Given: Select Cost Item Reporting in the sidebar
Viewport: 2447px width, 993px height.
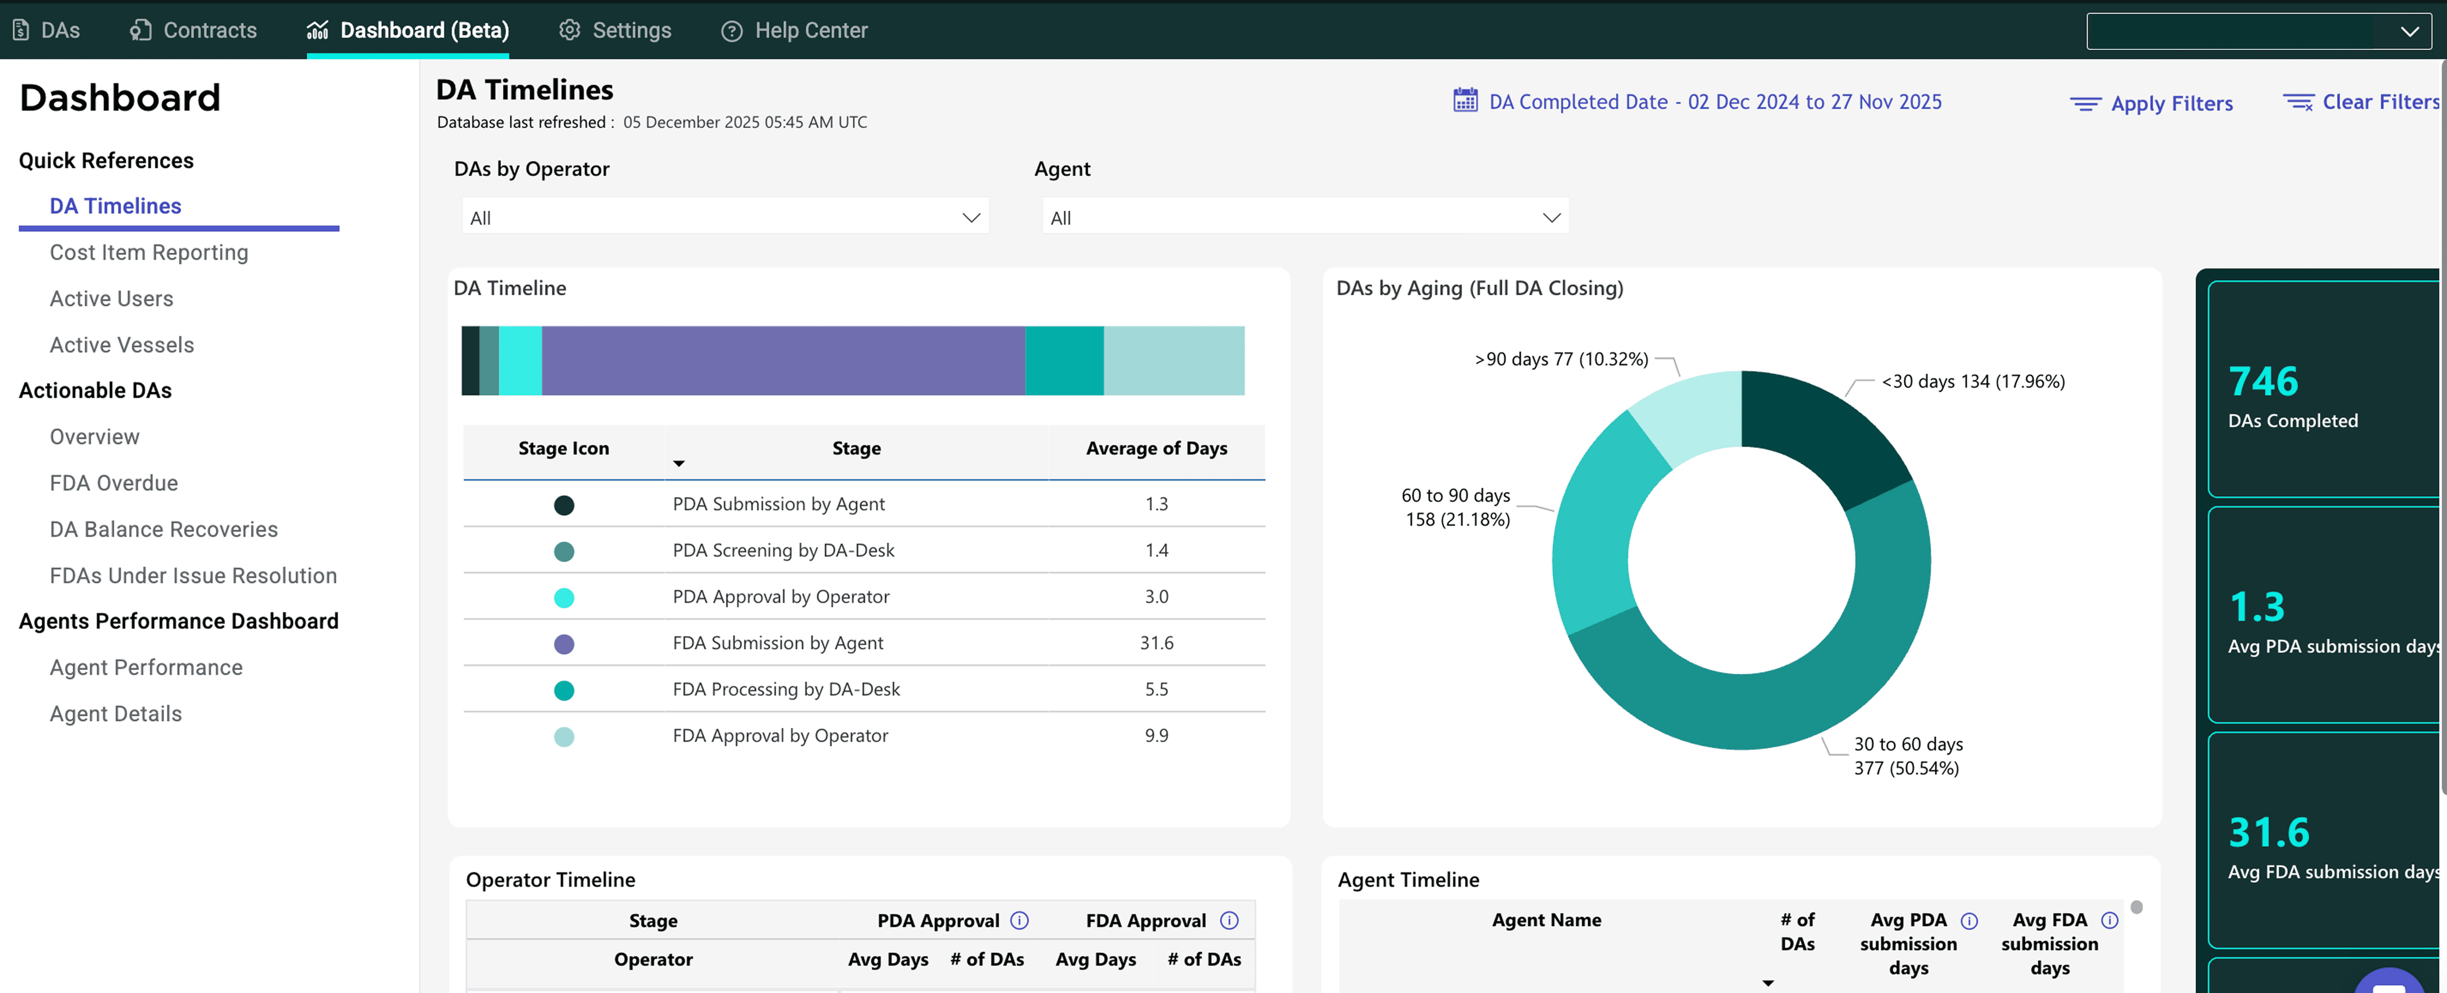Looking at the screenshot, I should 149,253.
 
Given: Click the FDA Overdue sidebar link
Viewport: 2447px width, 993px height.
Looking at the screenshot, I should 114,484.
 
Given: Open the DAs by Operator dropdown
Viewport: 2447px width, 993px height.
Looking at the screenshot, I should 725,218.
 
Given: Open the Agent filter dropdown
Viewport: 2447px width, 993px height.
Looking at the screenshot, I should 1304,218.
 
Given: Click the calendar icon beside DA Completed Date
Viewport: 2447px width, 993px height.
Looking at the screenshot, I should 1465,101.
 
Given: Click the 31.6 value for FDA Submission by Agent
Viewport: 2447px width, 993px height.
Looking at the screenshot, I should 1156,643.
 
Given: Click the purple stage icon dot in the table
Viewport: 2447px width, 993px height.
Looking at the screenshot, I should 564,644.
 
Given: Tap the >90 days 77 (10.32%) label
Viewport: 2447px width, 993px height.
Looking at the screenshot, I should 1561,359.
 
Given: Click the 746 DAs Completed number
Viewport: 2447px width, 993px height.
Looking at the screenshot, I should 2264,382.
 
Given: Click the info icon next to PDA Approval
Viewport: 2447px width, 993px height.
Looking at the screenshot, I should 1019,921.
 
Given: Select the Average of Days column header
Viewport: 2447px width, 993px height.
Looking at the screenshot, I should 1156,448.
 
